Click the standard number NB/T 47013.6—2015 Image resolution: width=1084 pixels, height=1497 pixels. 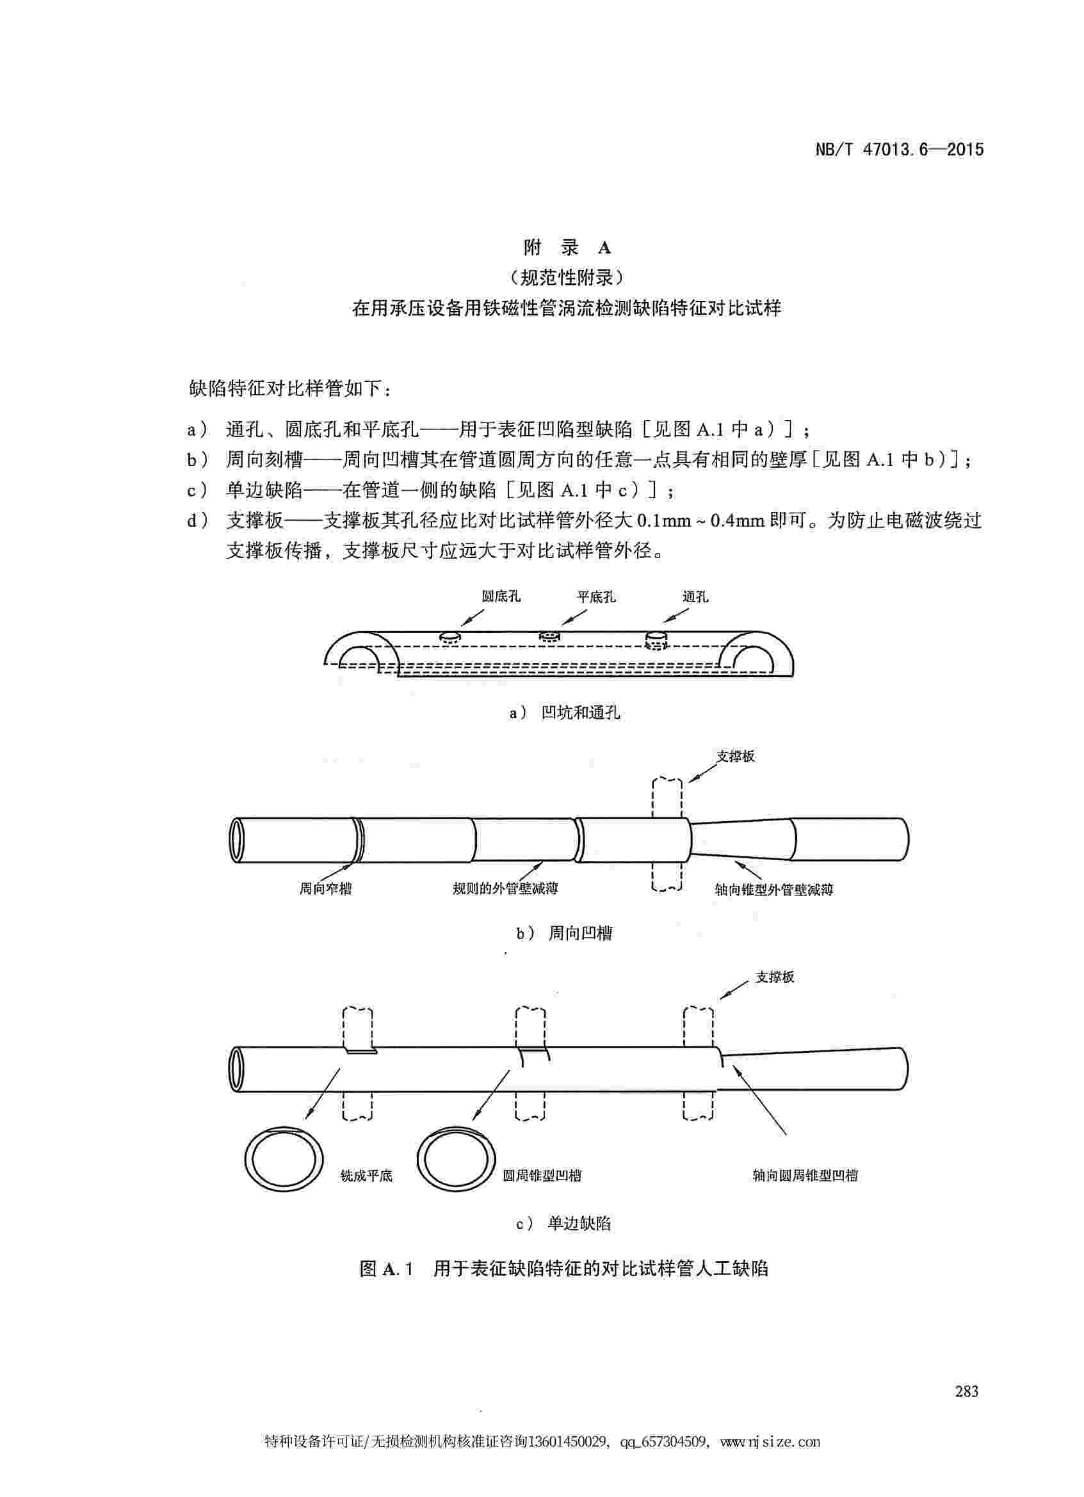(x=899, y=150)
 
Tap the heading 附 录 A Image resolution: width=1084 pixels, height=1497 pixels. (x=567, y=248)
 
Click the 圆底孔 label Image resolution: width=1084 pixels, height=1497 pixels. (x=501, y=596)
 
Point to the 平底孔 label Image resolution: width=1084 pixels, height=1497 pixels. (x=596, y=596)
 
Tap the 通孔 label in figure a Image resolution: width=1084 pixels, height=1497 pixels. (x=695, y=596)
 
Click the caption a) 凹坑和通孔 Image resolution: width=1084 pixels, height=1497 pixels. (x=565, y=713)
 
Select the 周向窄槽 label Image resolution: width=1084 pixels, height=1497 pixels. (x=325, y=889)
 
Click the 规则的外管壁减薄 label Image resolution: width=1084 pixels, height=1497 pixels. (x=506, y=889)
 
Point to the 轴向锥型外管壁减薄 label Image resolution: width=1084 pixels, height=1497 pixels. (x=773, y=890)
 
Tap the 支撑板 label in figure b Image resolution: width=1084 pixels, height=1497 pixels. (x=736, y=757)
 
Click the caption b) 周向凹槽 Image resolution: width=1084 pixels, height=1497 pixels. (x=565, y=933)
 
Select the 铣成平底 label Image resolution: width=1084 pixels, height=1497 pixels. (x=366, y=1176)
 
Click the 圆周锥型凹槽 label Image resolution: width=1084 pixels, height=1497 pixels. (x=542, y=1176)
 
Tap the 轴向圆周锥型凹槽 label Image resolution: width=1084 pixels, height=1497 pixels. (x=805, y=1176)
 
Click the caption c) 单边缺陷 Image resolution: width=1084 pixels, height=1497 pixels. (x=565, y=1224)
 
